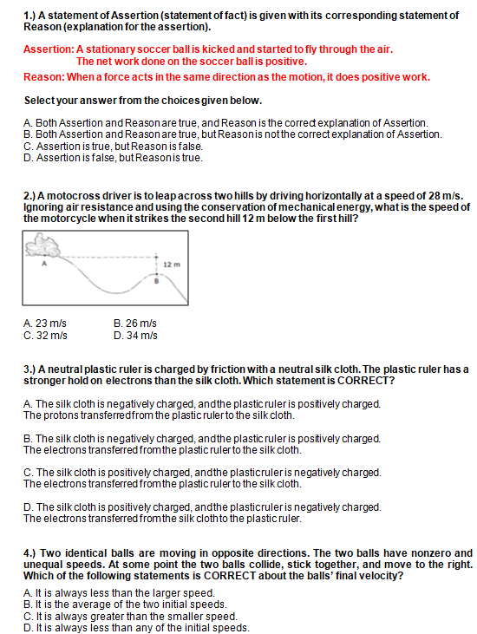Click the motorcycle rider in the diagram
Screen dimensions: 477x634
[x=42, y=245]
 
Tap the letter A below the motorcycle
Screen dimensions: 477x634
[x=44, y=264]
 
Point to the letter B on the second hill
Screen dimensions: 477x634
[x=157, y=281]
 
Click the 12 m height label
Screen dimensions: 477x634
[x=172, y=265]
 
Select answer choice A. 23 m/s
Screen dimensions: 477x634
[x=45, y=324]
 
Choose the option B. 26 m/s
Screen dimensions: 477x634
[x=135, y=324]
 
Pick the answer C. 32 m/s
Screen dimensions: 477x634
[x=45, y=336]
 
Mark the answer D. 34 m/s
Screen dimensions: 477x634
[x=135, y=336]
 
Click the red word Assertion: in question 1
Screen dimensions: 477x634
[x=49, y=49]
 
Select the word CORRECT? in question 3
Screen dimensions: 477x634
[x=366, y=381]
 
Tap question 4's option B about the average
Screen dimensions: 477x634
[x=125, y=605]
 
